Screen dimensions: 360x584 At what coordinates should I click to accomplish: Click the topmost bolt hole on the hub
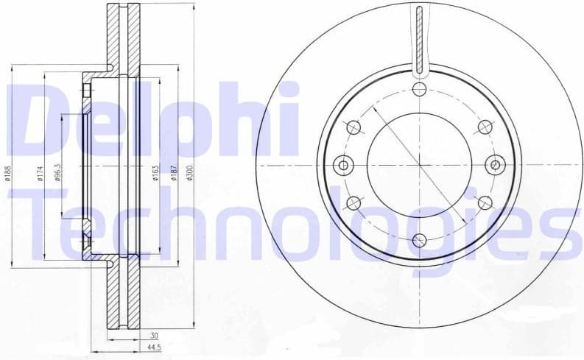[419, 90]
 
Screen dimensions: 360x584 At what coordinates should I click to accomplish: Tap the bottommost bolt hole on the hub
[419, 240]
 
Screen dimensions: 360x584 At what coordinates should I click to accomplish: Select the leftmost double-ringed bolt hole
[342, 165]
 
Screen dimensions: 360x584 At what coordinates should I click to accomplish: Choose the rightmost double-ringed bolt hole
[496, 165]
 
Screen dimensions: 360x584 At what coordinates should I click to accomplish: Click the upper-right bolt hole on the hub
[485, 127]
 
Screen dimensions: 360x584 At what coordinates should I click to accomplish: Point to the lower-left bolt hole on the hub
[353, 202]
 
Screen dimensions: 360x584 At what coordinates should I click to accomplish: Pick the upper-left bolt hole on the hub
[353, 127]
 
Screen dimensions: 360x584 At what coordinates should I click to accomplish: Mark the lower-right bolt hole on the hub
[485, 202]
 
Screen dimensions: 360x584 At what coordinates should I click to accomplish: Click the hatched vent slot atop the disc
[419, 40]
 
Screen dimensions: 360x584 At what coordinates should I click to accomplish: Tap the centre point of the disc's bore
[419, 165]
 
